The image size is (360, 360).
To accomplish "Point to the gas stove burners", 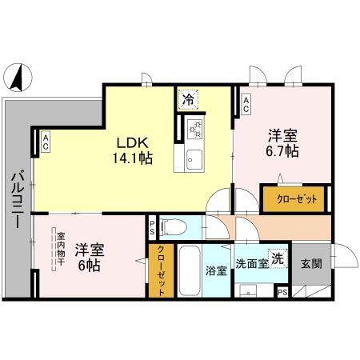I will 195,128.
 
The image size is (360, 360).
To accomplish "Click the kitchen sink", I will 194,159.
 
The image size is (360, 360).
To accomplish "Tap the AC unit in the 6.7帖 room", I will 246,102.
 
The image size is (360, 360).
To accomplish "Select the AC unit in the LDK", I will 46,142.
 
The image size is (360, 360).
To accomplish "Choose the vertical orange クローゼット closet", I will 160,270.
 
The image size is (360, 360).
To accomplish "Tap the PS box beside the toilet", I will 153,226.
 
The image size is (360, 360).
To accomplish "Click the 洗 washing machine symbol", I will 276,258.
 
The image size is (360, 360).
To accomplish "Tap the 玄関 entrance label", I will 310,263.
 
